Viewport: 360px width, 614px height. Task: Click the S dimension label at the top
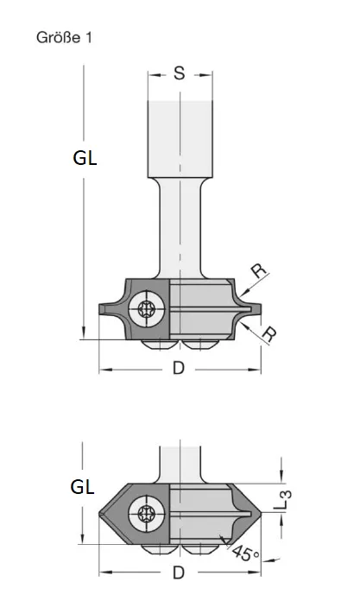(x=180, y=73)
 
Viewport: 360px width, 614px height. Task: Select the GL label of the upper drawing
(x=84, y=158)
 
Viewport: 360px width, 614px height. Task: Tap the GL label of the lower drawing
(x=82, y=487)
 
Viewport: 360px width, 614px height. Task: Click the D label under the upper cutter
(x=179, y=368)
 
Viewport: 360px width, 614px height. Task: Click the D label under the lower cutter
(x=179, y=572)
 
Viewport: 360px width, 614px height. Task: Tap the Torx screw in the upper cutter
(x=148, y=308)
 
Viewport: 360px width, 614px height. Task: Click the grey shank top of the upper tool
(x=180, y=138)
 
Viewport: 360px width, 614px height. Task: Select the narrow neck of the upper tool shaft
(x=180, y=233)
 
